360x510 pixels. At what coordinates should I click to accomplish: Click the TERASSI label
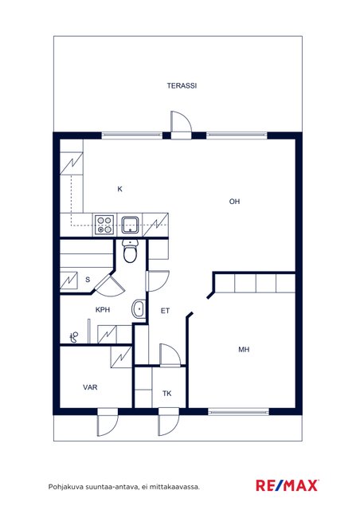[182, 86]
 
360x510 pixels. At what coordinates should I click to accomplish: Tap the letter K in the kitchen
[119, 189]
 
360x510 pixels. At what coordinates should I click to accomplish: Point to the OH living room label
[234, 202]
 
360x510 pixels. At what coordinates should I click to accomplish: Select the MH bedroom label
[244, 350]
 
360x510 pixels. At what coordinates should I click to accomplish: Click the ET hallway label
[165, 311]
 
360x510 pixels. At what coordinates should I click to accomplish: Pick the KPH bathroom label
[103, 310]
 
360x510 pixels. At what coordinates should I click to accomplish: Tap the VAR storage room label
[90, 387]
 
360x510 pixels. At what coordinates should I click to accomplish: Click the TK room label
[166, 394]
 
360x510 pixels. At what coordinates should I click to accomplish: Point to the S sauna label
[88, 280]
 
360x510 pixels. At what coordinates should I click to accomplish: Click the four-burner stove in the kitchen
[104, 225]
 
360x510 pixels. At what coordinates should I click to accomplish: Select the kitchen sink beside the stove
[131, 225]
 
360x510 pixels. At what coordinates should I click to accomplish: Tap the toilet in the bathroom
[131, 251]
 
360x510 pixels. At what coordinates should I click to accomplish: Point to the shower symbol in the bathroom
[75, 337]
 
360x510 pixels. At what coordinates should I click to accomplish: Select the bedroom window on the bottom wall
[239, 412]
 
